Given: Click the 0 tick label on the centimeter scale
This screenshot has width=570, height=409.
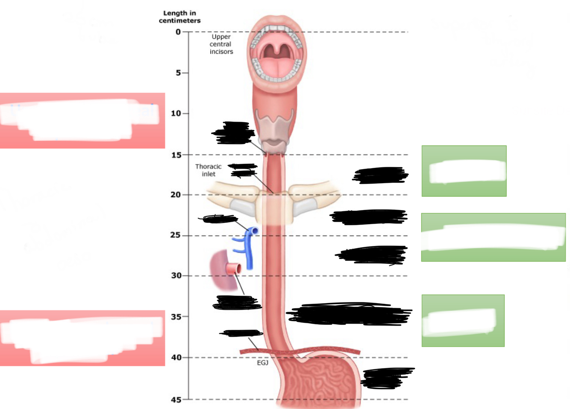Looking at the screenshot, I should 178,32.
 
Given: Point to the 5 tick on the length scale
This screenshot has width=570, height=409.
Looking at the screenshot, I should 178,73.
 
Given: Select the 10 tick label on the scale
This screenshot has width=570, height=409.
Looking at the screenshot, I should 176,114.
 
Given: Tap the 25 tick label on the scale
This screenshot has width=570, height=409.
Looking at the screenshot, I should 176,235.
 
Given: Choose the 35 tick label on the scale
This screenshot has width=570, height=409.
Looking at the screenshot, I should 176,317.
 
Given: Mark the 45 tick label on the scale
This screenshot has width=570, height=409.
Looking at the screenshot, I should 176,400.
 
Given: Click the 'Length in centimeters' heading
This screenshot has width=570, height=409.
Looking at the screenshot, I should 179,17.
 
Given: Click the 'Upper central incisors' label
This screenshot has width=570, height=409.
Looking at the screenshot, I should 221,44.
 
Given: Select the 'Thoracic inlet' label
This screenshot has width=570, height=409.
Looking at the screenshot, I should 209,170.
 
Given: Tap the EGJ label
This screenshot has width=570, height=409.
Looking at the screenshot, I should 262,363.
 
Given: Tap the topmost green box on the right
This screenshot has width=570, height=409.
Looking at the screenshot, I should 464,171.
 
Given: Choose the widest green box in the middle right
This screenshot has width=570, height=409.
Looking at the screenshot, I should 493,237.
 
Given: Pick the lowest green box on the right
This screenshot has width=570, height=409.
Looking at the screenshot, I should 463,321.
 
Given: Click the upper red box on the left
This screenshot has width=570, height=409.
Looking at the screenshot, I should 82,121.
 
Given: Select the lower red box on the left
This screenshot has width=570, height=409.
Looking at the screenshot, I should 82,338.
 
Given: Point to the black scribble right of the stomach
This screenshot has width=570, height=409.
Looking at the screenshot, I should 387,378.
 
